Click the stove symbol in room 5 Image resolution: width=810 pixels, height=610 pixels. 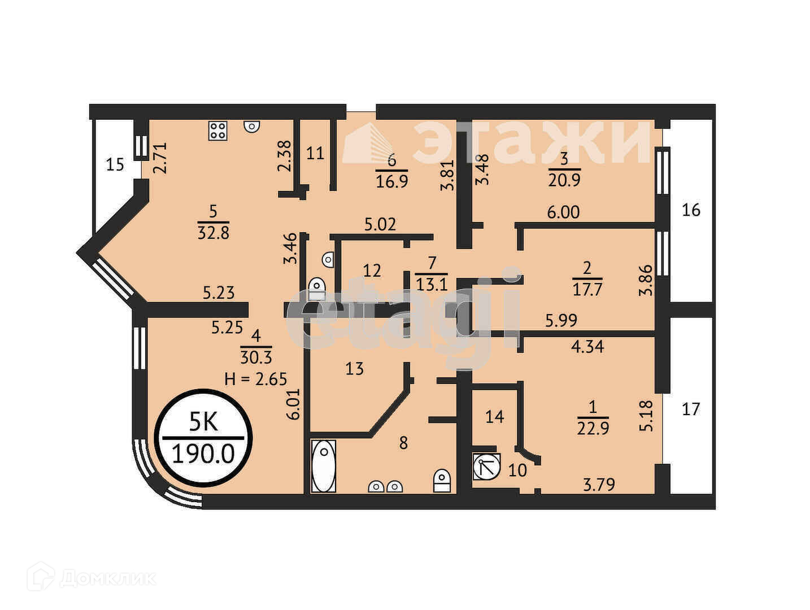217,131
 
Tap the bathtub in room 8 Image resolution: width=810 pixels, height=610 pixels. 324,467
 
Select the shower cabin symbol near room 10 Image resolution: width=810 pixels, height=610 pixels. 486,467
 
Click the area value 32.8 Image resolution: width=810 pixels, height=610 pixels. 214,232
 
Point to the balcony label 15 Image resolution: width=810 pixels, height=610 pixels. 115,165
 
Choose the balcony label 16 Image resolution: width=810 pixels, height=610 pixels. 691,210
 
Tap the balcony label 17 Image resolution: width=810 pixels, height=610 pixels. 691,408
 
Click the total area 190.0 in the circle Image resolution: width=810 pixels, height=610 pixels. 203,453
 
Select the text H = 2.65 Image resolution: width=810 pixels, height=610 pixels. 256,379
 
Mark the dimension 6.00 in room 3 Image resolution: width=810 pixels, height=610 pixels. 563,212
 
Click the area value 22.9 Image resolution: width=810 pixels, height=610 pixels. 593,429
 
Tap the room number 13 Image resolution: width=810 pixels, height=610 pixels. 355,369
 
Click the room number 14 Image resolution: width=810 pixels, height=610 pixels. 494,417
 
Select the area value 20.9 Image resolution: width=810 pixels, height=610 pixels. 564,180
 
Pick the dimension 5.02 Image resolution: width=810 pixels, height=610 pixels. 380,224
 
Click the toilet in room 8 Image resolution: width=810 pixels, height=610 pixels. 442,481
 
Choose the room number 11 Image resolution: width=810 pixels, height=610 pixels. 315,152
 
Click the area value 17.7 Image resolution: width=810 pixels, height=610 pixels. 587,290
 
